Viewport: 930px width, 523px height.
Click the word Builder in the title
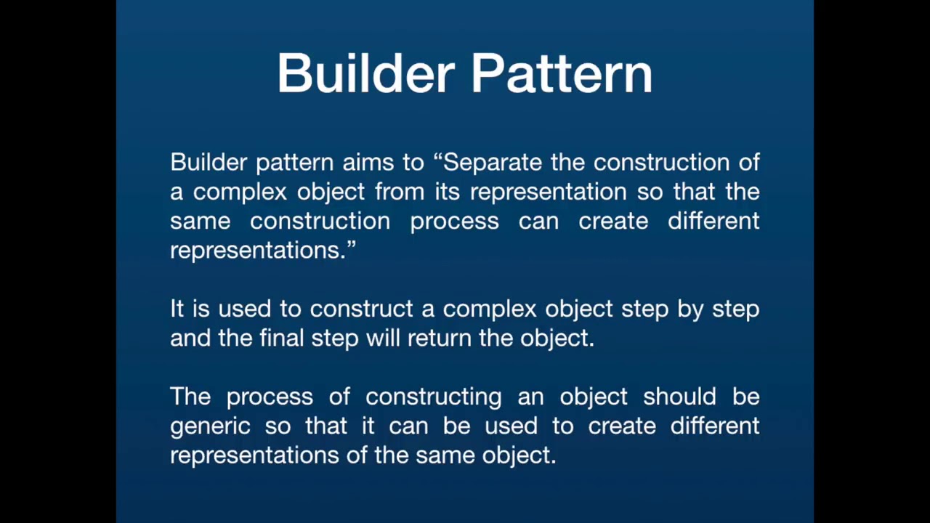(366, 73)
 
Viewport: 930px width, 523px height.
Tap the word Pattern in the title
(562, 73)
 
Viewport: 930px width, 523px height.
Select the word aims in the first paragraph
(368, 162)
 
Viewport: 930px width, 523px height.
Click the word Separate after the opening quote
(493, 163)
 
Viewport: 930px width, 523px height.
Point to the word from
(400, 191)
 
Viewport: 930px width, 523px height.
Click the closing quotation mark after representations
(351, 243)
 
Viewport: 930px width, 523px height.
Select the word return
(440, 338)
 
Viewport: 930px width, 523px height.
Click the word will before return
(382, 338)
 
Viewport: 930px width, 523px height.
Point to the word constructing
(434, 397)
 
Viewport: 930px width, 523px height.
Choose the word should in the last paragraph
(679, 397)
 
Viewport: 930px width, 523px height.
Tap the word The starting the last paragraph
(190, 397)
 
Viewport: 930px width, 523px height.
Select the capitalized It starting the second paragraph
(177, 309)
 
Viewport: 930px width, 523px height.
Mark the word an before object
(530, 397)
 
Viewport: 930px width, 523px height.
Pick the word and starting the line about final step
(190, 338)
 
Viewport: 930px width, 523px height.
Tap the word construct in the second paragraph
(361, 309)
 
